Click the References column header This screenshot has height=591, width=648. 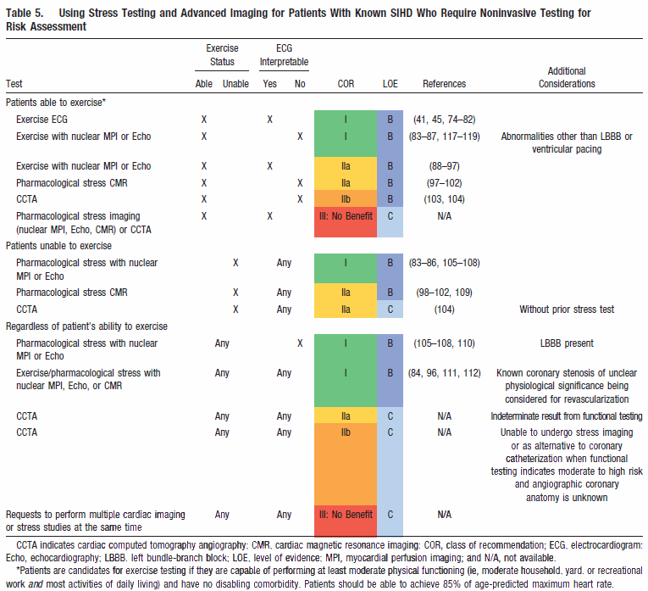(x=444, y=84)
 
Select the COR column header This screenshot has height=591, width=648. (x=346, y=84)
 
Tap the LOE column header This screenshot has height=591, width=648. (x=390, y=84)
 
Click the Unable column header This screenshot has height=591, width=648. (x=235, y=84)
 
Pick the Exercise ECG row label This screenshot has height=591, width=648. (x=42, y=120)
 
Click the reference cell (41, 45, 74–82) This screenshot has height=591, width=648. (x=444, y=120)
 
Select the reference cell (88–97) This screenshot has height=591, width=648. (x=444, y=166)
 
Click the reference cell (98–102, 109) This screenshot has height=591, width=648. (x=444, y=293)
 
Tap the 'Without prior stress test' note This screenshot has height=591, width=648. (x=567, y=309)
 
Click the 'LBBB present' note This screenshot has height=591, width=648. (x=567, y=343)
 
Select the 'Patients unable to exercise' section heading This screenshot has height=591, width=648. (x=58, y=246)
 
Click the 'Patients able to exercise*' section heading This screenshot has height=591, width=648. (x=56, y=103)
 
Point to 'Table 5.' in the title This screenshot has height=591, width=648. (x=25, y=13)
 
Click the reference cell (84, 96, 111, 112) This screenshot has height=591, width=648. (x=444, y=373)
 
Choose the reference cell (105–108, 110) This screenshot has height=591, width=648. (x=444, y=343)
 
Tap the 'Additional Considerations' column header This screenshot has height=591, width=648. (x=567, y=77)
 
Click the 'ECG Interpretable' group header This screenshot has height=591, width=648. (x=284, y=55)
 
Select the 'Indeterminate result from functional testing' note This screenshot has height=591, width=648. (x=567, y=416)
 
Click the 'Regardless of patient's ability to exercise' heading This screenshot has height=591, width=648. (x=86, y=326)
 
